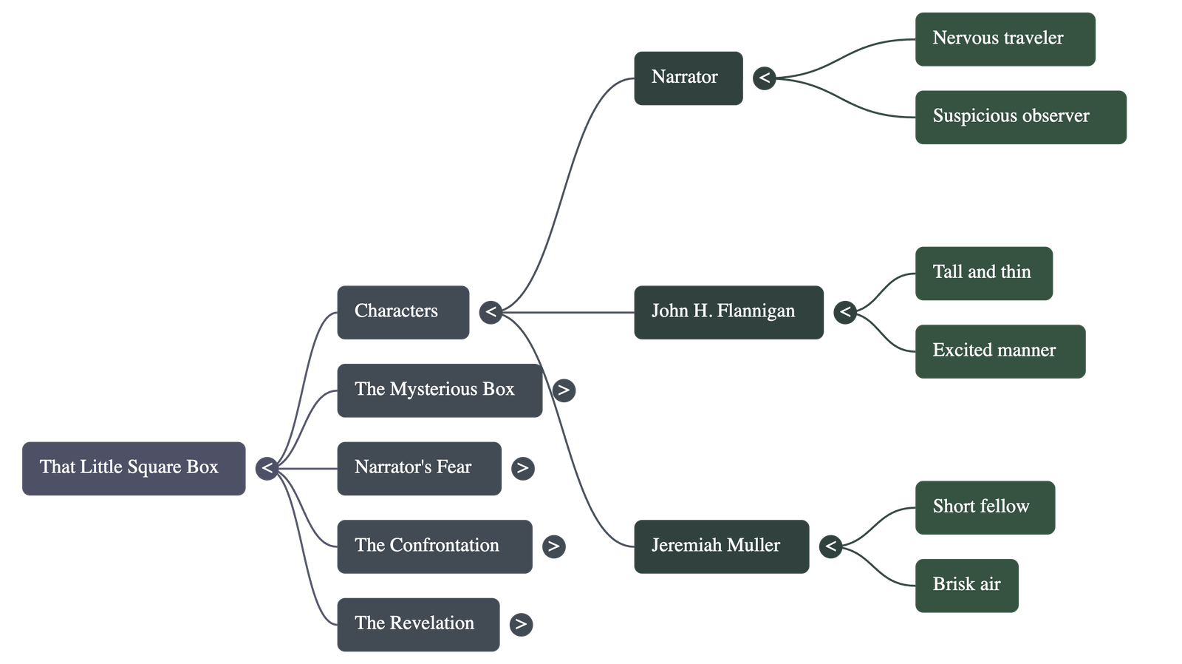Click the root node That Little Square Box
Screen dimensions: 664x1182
coord(134,468)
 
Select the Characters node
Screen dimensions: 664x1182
coord(403,312)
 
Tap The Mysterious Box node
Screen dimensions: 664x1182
coord(439,390)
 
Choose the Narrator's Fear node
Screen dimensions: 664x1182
coord(418,468)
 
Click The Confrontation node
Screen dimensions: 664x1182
coord(434,546)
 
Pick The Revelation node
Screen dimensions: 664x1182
coord(417,624)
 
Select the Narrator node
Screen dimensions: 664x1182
coord(688,78)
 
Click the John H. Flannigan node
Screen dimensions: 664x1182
coord(728,312)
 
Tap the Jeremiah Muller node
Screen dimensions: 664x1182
coord(720,546)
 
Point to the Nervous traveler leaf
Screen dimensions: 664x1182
coord(1005,39)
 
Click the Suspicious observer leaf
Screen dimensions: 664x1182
coord(1020,117)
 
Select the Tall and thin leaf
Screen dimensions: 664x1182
coord(983,273)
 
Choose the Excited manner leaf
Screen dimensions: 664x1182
coord(1000,351)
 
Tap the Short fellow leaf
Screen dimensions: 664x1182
coord(985,507)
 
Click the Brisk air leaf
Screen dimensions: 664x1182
coord(966,586)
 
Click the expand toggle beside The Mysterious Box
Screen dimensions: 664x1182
coord(564,390)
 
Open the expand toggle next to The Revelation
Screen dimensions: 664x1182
coord(521,624)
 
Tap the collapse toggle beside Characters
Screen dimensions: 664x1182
coord(491,312)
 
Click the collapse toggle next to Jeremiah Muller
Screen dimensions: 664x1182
coord(830,546)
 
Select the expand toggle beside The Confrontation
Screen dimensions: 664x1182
coord(553,546)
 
